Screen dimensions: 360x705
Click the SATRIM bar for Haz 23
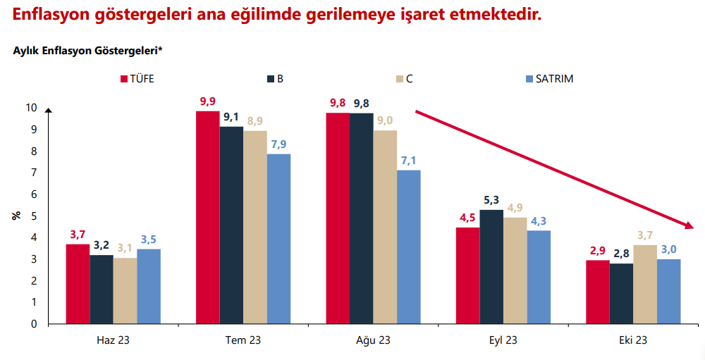149,286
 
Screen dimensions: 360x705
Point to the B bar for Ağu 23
361,218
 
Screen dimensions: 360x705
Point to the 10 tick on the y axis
32,108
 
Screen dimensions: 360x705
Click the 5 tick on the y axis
34,216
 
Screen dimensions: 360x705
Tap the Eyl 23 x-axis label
503,340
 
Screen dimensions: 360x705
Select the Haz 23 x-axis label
113,340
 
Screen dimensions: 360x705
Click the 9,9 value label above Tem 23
207,101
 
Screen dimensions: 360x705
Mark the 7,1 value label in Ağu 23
409,161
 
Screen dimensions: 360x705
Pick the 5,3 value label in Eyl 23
492,200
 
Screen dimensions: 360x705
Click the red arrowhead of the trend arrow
689,225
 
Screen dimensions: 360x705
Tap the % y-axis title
16,216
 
